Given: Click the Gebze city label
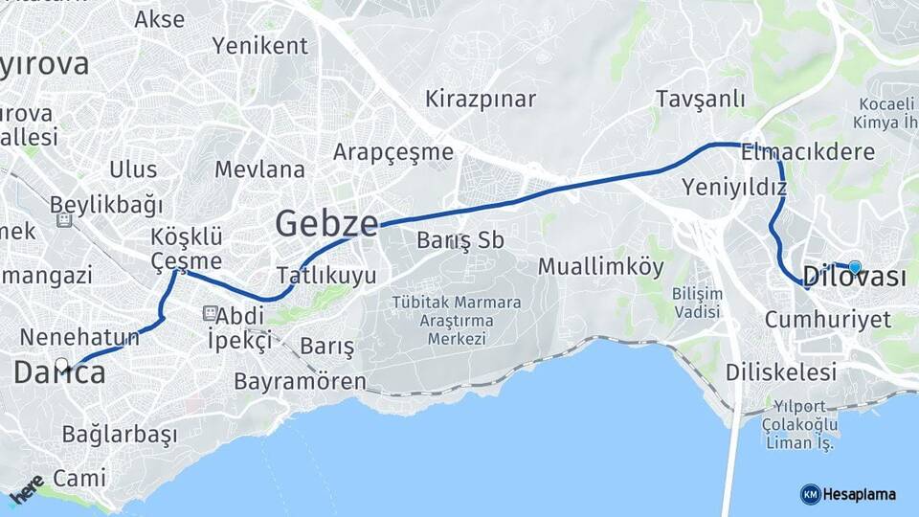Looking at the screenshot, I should coord(326,224).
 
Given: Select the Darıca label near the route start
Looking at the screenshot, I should coord(59,373).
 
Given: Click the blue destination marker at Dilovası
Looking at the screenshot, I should coord(855,267).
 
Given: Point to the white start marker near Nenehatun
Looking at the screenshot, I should coord(63,364).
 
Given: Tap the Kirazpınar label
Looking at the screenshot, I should coord(481,99).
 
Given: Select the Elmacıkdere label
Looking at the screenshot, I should coord(808,152).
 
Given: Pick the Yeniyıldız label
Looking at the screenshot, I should coord(734,187).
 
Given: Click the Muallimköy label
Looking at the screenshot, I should coord(600,267).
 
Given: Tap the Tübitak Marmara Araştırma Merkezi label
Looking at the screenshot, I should coord(456,321).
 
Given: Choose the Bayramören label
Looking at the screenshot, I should coord(300,381).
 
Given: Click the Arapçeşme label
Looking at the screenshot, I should coord(392,152).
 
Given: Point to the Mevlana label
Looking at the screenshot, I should coord(259,169).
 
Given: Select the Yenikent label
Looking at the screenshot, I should coord(260,45).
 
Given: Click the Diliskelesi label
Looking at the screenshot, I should coord(781,371).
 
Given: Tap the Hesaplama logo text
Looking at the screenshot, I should coord(859,494).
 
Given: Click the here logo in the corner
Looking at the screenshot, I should coord(27,490).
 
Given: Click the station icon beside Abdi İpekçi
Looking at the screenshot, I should coord(209,313).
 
